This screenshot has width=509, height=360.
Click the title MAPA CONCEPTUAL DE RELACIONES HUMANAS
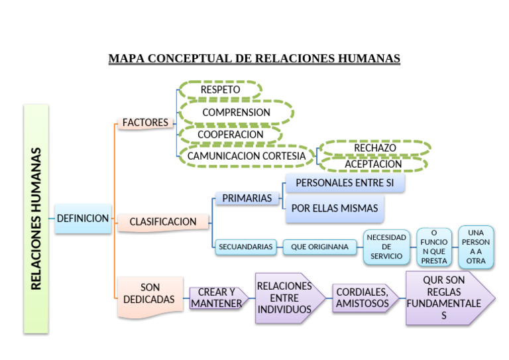pyautogui.click(x=254, y=58)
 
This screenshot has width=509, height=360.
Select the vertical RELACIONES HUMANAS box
pyautogui.click(x=36, y=218)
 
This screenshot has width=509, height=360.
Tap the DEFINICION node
pyautogui.click(x=83, y=218)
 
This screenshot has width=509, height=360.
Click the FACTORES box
pyautogui.click(x=145, y=123)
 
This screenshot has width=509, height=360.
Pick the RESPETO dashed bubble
pyautogui.click(x=220, y=90)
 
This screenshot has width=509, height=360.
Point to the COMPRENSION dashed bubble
pyautogui.click(x=236, y=112)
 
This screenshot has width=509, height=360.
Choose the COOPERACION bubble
pyautogui.click(x=230, y=134)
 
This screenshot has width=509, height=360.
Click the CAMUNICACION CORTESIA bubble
pyautogui.click(x=247, y=156)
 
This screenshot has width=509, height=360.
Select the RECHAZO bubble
pyautogui.click(x=374, y=148)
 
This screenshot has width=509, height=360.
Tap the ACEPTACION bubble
pyautogui.click(x=373, y=164)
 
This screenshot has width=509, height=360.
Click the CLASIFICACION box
pyautogui.click(x=163, y=221)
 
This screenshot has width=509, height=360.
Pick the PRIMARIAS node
pyautogui.click(x=247, y=198)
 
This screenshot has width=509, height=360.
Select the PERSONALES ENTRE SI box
pyautogui.click(x=345, y=182)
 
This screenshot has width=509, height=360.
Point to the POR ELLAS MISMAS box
pyautogui.click(x=335, y=208)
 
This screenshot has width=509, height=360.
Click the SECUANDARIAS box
pyautogui.click(x=245, y=247)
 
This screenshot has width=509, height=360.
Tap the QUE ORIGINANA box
pyautogui.click(x=319, y=247)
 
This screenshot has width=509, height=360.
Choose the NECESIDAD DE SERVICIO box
pyautogui.click(x=386, y=247)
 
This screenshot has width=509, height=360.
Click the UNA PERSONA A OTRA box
pyautogui.click(x=476, y=247)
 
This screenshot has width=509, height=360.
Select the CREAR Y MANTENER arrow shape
pyautogui.click(x=217, y=298)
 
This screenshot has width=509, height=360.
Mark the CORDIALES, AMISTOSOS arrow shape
pyautogui.click(x=363, y=298)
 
